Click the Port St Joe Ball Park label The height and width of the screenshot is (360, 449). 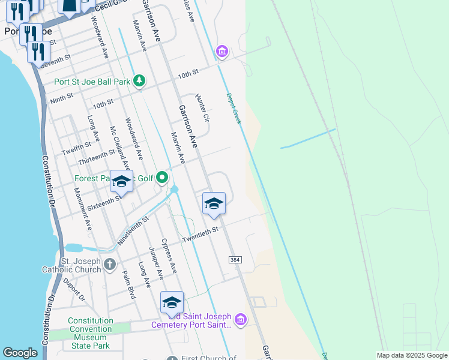[92, 81]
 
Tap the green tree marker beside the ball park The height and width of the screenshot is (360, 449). [139, 80]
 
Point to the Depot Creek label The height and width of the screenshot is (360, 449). [234, 109]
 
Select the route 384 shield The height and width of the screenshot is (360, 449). [235, 259]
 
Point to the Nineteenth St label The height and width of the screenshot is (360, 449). [133, 230]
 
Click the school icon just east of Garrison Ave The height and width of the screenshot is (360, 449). [214, 203]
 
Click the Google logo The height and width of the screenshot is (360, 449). [20, 353]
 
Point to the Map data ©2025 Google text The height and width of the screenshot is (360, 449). [412, 355]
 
